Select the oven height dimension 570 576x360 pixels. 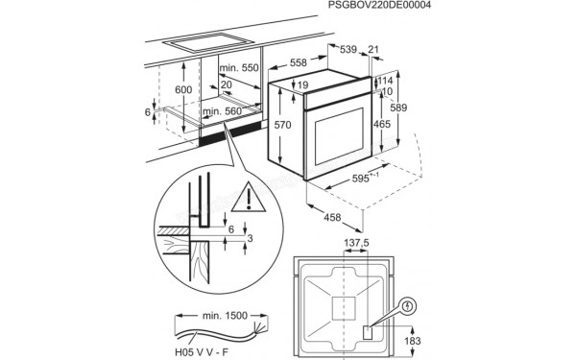(279, 124)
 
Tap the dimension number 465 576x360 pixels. (384, 125)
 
